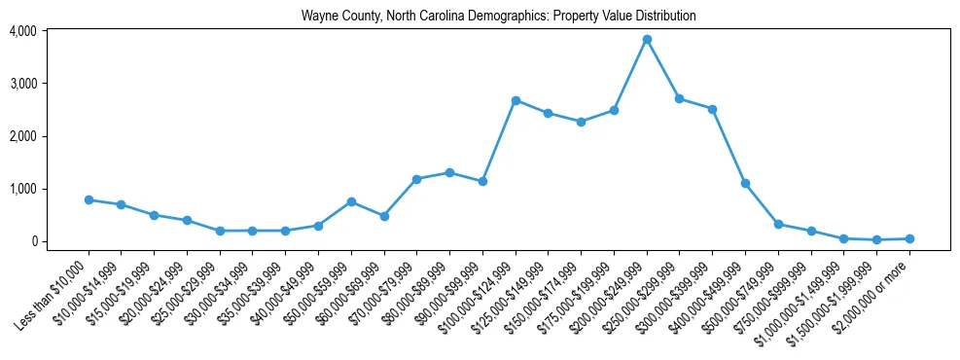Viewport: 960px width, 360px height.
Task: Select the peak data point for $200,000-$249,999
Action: coord(647,39)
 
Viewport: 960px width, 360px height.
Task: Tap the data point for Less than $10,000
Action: coord(89,199)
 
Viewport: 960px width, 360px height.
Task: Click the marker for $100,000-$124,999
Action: coord(516,100)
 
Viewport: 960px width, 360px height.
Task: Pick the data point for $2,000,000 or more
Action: coord(909,238)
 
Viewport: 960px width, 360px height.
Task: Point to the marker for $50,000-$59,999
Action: coord(351,201)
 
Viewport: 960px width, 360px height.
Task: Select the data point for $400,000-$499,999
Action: coord(745,183)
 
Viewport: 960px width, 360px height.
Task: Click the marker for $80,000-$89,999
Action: coord(449,172)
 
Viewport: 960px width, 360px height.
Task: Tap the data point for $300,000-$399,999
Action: coord(712,109)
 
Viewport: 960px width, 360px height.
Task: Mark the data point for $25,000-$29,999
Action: coord(220,231)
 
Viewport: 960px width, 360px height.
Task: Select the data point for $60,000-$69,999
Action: coord(384,216)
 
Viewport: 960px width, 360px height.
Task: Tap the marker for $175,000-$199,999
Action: coord(614,110)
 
